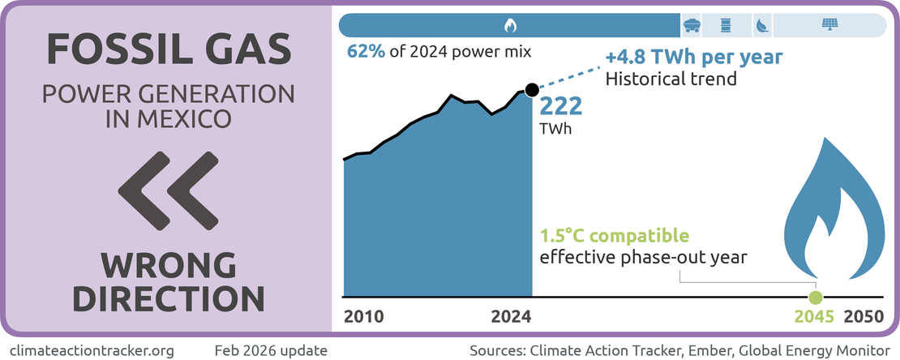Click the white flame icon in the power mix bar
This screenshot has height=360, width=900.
pos(510,25)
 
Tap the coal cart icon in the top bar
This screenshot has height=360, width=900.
pos(692,25)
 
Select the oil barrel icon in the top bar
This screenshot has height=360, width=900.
pos(726,25)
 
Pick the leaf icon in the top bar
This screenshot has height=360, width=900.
pos(762,25)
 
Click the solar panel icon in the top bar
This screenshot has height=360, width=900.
pos(829,25)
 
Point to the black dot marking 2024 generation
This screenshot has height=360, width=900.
pos(531,89)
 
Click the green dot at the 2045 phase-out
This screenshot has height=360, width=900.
pos(816,297)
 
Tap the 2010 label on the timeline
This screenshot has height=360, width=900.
pos(364,317)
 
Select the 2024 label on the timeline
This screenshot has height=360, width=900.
pos(512,317)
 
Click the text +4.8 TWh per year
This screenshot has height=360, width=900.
pos(694,58)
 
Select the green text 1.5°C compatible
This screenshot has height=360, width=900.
pos(615,237)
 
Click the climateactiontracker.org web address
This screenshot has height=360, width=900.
pos(88,350)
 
